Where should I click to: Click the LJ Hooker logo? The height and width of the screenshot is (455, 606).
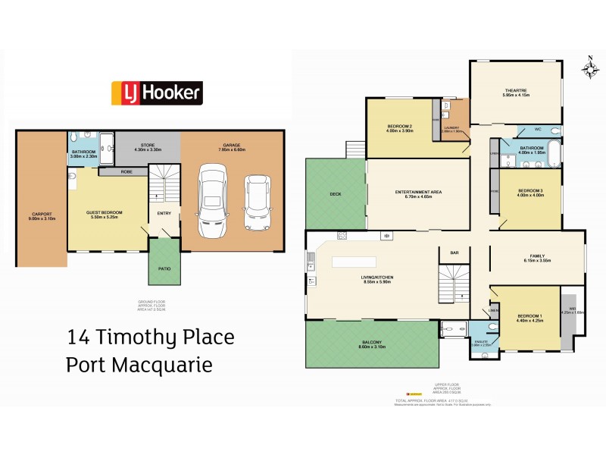tap(157, 93)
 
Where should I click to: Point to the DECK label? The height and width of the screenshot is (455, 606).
tap(336, 194)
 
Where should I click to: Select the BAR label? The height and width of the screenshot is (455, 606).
tap(455, 253)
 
